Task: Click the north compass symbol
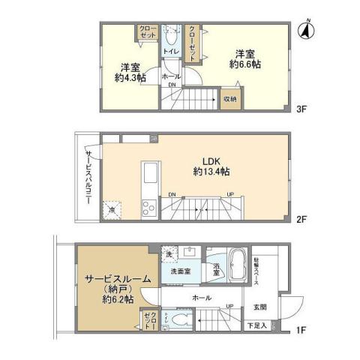[306, 30]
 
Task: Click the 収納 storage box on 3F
[229, 99]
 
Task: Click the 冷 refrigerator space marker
[112, 209]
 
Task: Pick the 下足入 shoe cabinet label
[259, 325]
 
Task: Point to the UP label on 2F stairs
[229, 194]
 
